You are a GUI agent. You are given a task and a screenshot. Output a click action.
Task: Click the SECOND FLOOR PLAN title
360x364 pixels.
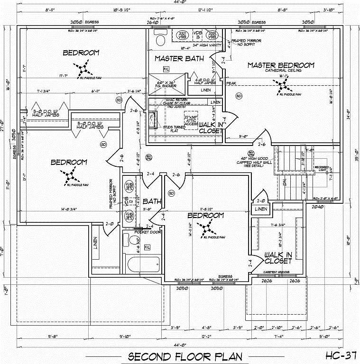pos(185,356)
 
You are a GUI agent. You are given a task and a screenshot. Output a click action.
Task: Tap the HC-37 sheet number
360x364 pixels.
pos(341,355)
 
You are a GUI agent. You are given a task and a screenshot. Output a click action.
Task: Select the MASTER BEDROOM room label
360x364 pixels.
pos(280,65)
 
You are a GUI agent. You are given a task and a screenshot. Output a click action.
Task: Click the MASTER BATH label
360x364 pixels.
pos(179,59)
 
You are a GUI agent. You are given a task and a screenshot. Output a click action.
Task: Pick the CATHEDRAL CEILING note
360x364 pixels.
pos(281,71)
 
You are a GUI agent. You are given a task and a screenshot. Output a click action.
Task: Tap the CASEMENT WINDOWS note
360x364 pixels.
pos(277,272)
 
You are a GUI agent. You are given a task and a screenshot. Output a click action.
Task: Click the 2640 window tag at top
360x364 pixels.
pos(151,22)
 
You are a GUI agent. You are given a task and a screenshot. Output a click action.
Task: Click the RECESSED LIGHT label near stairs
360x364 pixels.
pos(324,169)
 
